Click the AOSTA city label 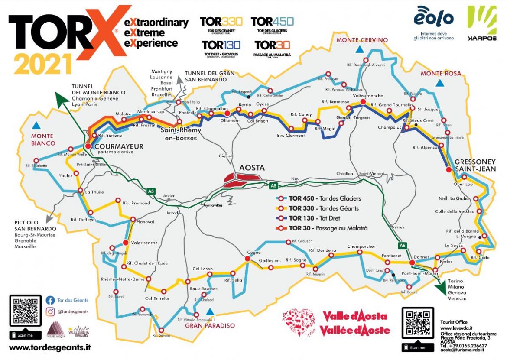point(251,168)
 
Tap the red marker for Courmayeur point(88,146)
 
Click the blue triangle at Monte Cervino point(359,50)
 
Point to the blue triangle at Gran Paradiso point(210,311)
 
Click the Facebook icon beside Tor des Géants point(50,300)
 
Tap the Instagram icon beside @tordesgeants point(50,311)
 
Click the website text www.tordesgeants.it point(50,347)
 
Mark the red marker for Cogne point(247,259)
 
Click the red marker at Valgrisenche point(126,243)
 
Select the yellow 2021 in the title point(43,64)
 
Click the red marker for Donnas point(412,263)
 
